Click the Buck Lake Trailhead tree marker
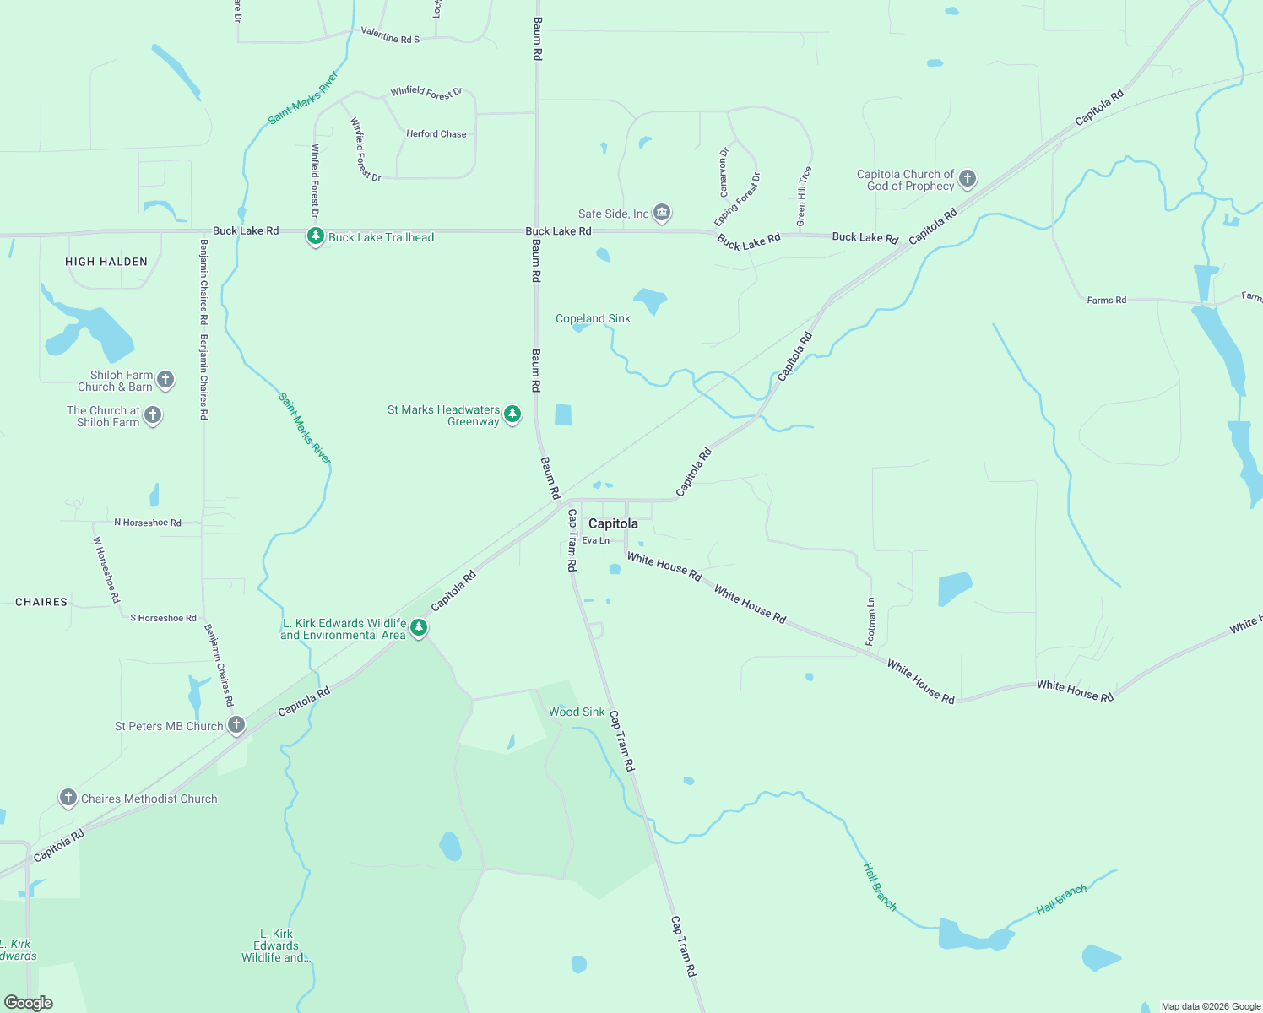tap(315, 236)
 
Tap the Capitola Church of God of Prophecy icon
tap(968, 178)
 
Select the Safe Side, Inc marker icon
tap(662, 213)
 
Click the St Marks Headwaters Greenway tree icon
tap(512, 414)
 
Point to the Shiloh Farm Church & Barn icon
tap(165, 379)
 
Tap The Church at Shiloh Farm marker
tap(153, 414)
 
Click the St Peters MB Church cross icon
tap(236, 724)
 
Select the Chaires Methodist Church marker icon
tap(68, 797)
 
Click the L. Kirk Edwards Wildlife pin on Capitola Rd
tap(419, 627)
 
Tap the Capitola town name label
tap(613, 523)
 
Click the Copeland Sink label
tap(593, 318)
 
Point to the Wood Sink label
tap(577, 712)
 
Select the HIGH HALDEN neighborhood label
tap(106, 262)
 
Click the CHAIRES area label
tap(41, 602)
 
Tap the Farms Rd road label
tap(1106, 300)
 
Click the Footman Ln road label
tap(871, 622)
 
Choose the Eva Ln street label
tap(595, 540)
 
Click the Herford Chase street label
tap(436, 133)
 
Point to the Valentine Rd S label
tap(390, 35)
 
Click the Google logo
tap(29, 1003)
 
